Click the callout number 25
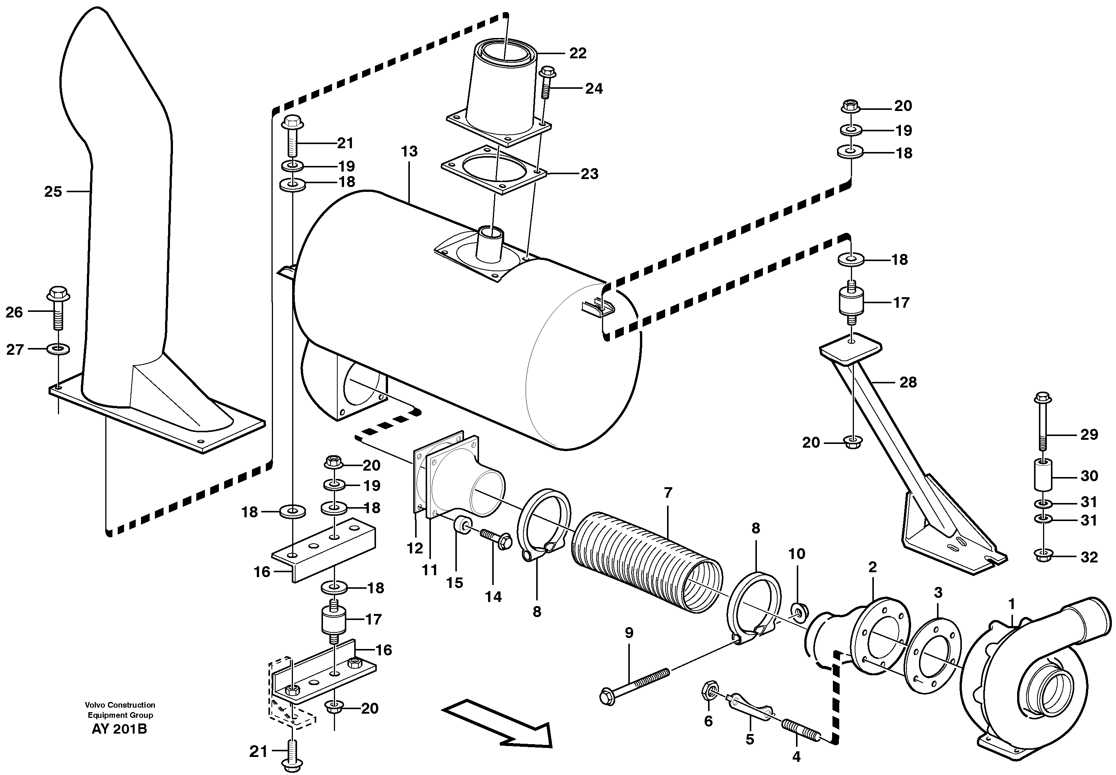pyautogui.click(x=53, y=192)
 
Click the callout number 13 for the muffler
pyautogui.click(x=409, y=152)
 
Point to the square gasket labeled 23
pyautogui.click(x=493, y=169)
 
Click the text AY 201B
pyautogui.click(x=119, y=729)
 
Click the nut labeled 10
pyautogui.click(x=797, y=610)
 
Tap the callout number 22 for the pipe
pyautogui.click(x=578, y=53)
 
